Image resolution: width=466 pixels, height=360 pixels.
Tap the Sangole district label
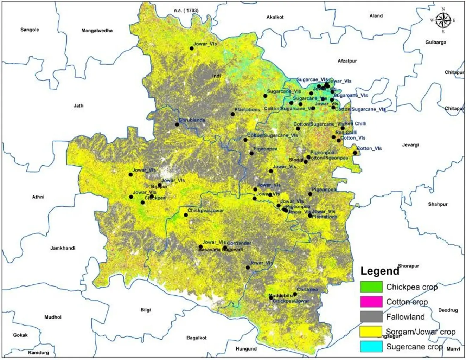click(x=30, y=30)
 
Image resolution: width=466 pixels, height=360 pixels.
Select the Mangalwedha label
click(x=97, y=31)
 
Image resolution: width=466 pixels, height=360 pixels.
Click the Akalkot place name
click(x=275, y=17)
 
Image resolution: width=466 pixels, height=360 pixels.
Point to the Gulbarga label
click(x=435, y=43)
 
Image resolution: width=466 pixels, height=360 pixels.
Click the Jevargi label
click(x=410, y=145)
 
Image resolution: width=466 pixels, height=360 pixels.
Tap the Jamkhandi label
click(x=63, y=248)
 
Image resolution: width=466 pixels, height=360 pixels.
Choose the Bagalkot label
click(x=196, y=338)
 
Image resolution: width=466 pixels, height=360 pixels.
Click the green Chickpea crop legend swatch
click(x=371, y=287)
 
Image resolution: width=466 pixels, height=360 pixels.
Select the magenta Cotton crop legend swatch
click(x=371, y=302)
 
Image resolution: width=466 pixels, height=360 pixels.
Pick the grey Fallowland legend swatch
click(x=371, y=317)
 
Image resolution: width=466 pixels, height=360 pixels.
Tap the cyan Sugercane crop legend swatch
click(x=371, y=347)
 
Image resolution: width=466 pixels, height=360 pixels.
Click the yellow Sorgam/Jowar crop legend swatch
click(x=371, y=332)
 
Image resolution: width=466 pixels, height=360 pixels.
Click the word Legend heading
click(x=379, y=271)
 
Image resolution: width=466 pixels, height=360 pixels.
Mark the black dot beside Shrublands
click(x=177, y=124)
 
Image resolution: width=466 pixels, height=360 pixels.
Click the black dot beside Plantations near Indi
click(x=232, y=114)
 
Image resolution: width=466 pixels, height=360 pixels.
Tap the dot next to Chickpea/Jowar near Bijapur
click(x=186, y=215)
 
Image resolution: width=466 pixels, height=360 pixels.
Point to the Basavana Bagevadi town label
click(x=221, y=250)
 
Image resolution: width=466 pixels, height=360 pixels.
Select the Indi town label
click(x=216, y=76)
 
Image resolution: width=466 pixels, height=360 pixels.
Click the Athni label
click(x=38, y=197)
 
